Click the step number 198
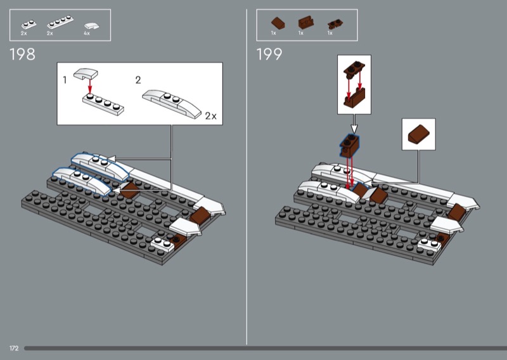(22, 54)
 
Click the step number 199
(269, 54)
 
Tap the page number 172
(14, 348)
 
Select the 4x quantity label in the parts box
(87, 34)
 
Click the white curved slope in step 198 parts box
(91, 26)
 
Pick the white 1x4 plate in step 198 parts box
(60, 22)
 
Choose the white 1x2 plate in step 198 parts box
(29, 25)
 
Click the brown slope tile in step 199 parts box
(278, 23)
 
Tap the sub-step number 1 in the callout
(65, 80)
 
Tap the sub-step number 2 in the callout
(138, 80)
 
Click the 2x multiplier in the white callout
(211, 116)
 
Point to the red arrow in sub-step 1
(90, 86)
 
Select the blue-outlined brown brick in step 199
(350, 146)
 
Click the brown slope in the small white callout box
(419, 134)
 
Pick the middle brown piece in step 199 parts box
(306, 23)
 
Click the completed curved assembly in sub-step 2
(172, 103)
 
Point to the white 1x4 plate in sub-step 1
(103, 104)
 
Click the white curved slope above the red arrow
(86, 74)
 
